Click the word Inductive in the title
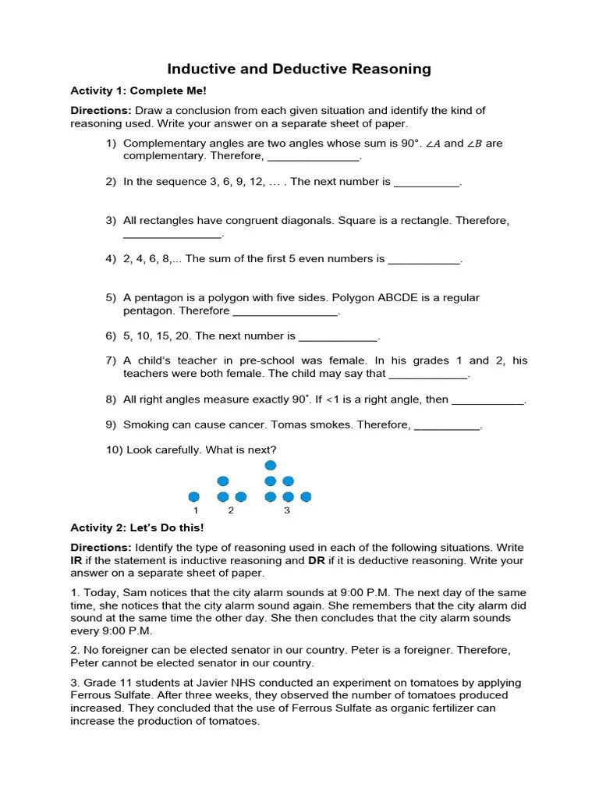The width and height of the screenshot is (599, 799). click(202, 69)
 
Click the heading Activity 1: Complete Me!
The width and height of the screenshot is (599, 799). click(138, 91)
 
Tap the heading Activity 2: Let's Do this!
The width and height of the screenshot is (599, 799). click(137, 528)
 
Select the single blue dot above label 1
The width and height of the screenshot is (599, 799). click(194, 496)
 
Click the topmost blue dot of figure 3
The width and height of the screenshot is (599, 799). click(271, 466)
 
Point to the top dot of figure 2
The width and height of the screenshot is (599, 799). click(223, 481)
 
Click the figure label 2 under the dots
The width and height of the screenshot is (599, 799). click(231, 511)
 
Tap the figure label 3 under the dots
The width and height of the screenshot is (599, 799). click(287, 511)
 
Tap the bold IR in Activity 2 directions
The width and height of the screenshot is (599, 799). click(76, 560)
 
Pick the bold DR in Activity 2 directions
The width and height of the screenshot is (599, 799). click(317, 560)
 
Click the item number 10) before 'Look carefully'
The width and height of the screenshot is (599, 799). click(113, 450)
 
